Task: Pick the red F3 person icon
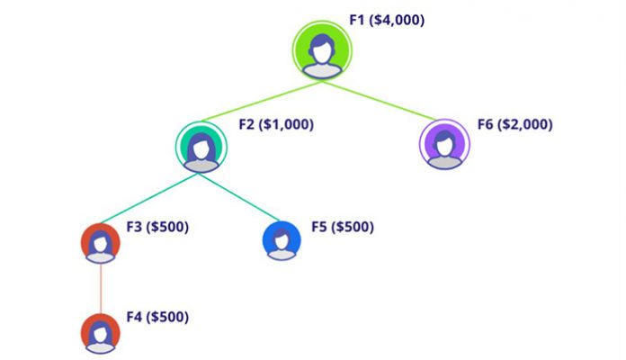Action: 100,242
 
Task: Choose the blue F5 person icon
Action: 282,240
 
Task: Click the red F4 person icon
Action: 100,333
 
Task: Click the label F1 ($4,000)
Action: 387,19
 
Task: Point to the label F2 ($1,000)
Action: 275,125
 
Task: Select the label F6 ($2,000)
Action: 514,124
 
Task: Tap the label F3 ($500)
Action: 157,226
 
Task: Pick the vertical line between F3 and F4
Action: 100,288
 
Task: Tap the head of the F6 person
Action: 445,139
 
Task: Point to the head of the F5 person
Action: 282,237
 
